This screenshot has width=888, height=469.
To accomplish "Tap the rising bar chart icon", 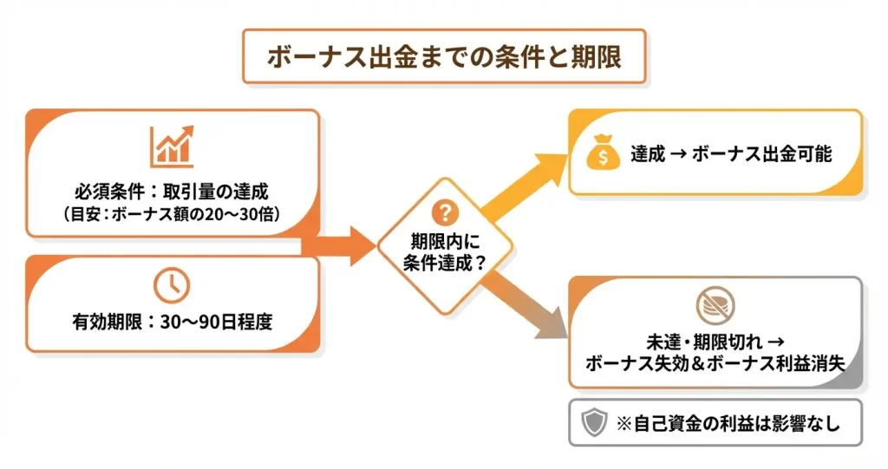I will point(172,147).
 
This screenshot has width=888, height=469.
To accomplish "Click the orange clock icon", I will point(172,284).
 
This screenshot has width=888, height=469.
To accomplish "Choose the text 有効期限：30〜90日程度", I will point(173,322).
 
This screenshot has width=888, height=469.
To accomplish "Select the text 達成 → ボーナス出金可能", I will point(731,155).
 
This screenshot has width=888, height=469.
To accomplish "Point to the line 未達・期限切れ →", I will point(715,340).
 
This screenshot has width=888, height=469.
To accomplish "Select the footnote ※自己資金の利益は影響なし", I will point(727,424).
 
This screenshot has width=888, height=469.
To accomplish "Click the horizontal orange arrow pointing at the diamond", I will point(343,245).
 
